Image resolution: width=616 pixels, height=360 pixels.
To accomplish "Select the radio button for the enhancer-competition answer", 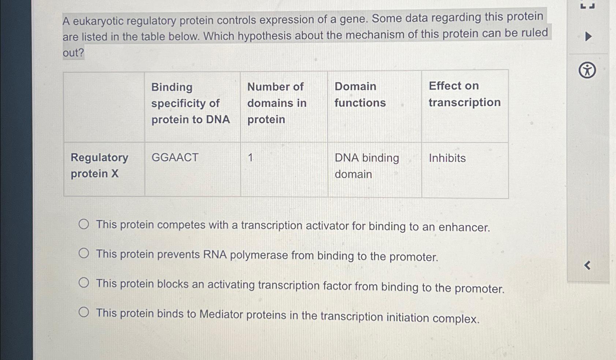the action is (x=84, y=224).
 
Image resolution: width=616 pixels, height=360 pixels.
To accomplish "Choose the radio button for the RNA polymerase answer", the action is (x=84, y=253).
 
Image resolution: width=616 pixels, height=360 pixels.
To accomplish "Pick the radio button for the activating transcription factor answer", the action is (x=84, y=283).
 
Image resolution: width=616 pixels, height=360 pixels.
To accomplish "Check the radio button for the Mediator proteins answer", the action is (x=84, y=312).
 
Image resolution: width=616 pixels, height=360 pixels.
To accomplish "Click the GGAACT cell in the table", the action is (x=175, y=157).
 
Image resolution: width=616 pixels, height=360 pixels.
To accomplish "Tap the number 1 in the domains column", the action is (x=250, y=158).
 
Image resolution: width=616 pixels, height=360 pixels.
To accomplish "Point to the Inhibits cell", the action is (x=447, y=158).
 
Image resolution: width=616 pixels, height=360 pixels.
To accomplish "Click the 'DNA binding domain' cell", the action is (x=367, y=166).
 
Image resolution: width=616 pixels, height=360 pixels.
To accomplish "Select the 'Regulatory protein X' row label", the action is (x=99, y=165).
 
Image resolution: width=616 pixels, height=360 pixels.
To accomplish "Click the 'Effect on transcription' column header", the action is (x=464, y=94).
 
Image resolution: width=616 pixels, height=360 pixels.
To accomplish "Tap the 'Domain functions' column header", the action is (x=360, y=94).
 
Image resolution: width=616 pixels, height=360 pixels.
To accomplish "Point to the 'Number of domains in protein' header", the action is (x=277, y=103).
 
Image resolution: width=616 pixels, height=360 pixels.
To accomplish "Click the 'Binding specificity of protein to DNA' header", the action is (x=190, y=103).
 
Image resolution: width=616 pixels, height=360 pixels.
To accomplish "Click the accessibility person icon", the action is (x=587, y=70).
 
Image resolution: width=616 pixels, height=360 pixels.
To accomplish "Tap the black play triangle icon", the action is (x=588, y=37).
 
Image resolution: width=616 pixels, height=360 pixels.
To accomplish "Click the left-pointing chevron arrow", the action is (x=587, y=265).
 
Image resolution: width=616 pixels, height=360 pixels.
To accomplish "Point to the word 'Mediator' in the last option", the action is (x=221, y=314).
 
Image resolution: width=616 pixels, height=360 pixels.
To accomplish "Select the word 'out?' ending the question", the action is (x=73, y=53).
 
